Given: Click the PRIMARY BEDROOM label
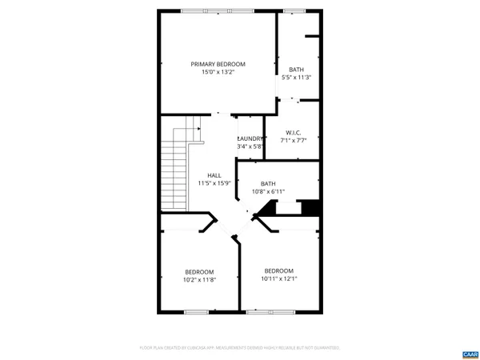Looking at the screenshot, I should (218, 64).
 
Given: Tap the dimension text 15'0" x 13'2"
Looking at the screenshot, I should (218, 72).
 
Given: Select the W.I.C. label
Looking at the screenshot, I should (292, 133).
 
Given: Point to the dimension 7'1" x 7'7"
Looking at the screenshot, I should (292, 141).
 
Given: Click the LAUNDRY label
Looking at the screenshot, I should (250, 138).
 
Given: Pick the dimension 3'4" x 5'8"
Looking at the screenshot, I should (250, 146).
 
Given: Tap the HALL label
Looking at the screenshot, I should (214, 175).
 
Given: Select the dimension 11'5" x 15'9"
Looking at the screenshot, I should (214, 183).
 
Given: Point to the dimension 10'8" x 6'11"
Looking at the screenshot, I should (268, 191).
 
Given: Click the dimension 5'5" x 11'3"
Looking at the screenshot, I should (296, 78).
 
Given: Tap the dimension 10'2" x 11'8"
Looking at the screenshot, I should (199, 280).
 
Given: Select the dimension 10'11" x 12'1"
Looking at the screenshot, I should (278, 279).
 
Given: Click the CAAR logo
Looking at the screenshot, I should (469, 353).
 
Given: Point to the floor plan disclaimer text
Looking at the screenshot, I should (240, 348).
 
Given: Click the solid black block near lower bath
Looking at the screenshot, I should (312, 207).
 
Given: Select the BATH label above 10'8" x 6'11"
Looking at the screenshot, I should (267, 183).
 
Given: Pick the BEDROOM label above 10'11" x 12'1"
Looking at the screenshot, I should (278, 270).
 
